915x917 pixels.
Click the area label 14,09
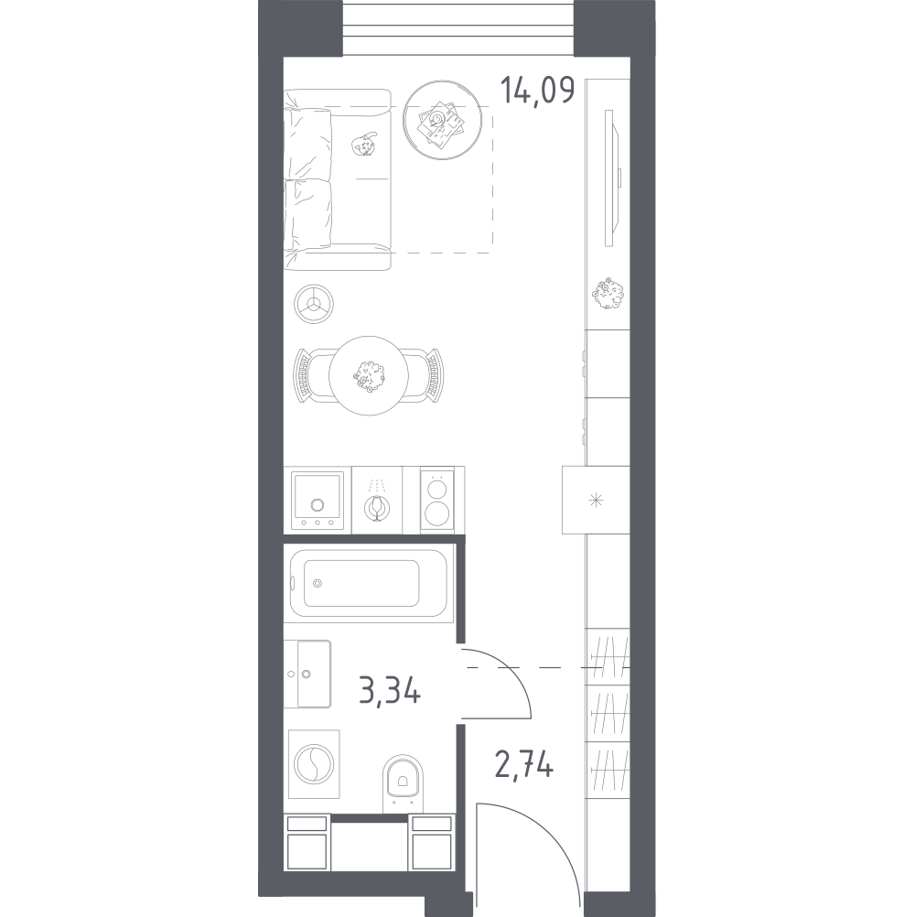point(538,91)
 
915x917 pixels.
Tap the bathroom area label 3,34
point(390,691)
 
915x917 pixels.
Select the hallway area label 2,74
point(524,764)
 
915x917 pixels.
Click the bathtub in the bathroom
point(369,583)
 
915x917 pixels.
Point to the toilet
point(403,782)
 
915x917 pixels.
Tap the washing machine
point(315,764)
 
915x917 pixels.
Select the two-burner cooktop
point(436,500)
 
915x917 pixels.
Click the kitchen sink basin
point(318,500)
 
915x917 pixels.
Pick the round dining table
point(369,375)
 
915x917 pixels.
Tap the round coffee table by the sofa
point(443,120)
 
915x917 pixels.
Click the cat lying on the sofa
point(363,145)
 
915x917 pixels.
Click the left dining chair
point(310,375)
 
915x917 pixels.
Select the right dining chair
point(426,375)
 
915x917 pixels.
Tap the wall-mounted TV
point(610,178)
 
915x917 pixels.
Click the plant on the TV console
point(608,293)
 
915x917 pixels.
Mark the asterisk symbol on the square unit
point(596,500)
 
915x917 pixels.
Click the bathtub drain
point(318,583)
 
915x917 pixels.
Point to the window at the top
point(457,27)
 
